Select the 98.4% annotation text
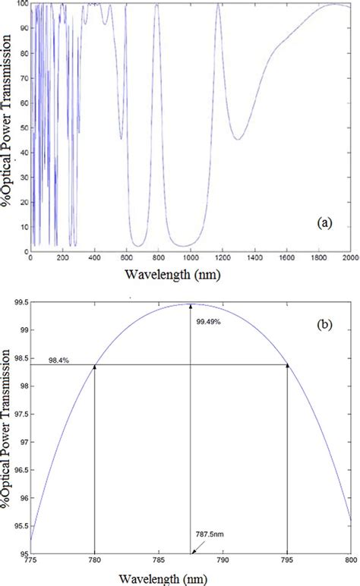[x=60, y=360]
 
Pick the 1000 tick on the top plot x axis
[x=190, y=259]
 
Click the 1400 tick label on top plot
[x=254, y=259]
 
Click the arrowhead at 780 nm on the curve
[x=94, y=367]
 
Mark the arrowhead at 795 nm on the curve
[x=286, y=367]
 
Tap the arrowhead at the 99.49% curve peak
[x=190, y=307]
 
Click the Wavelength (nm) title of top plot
[x=190, y=274]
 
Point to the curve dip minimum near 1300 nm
[x=238, y=139]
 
